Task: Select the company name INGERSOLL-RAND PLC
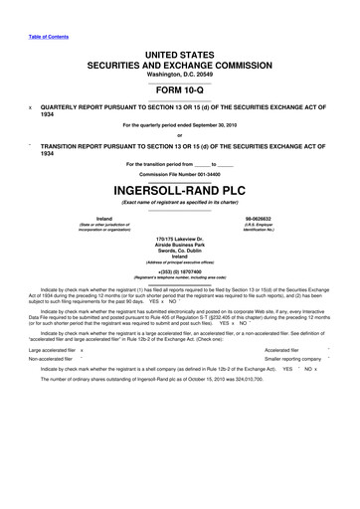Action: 179,188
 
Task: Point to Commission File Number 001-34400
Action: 179,173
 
